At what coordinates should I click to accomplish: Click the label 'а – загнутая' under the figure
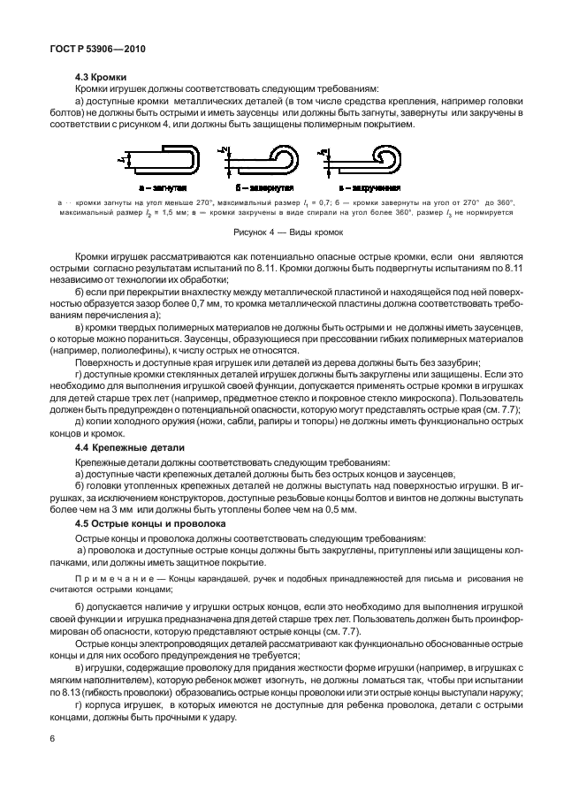pos(162,188)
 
